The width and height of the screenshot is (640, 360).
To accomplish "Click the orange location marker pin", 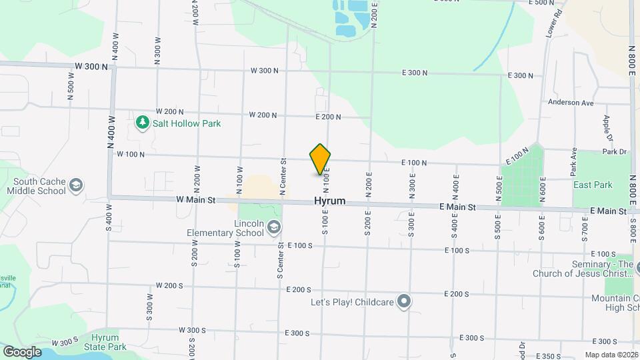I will tap(320, 160).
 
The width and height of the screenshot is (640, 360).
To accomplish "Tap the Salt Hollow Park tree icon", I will tap(141, 123).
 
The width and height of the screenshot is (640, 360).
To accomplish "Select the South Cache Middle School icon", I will tap(76, 185).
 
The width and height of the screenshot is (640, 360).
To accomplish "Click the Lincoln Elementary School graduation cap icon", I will tap(273, 229).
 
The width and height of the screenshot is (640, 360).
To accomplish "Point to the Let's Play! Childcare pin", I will tap(403, 302).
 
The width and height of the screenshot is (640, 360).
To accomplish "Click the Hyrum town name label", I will tap(330, 201).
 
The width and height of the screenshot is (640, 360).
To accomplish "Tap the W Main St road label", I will tap(196, 199).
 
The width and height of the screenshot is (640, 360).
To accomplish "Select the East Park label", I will tap(593, 185).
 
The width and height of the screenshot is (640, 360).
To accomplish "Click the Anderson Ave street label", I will tap(571, 103).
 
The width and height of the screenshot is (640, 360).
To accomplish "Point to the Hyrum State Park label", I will tap(105, 342).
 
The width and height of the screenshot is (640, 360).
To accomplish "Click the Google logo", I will tap(22, 351).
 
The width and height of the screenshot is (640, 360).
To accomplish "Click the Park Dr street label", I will tap(615, 152).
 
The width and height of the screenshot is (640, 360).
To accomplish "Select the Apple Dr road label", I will tap(607, 129).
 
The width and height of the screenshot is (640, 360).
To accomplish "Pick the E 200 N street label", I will tap(328, 117).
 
